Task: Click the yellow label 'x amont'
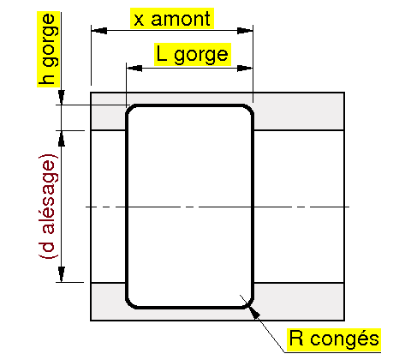[172, 19]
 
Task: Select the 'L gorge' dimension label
[193, 54]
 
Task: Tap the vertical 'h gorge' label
[48, 49]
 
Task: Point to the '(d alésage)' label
[48, 206]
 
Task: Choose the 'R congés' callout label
[334, 339]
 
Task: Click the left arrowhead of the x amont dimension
[98, 31]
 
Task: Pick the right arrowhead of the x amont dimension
[245, 31]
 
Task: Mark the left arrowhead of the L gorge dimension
[134, 69]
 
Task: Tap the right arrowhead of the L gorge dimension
[245, 69]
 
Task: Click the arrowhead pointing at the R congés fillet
[254, 311]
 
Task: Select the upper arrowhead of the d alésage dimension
[62, 139]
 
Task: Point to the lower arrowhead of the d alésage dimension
[62, 274]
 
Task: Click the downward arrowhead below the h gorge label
[62, 98]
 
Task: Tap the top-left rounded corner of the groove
[130, 110]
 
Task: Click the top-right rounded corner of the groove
[250, 110]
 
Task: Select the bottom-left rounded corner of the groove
[130, 304]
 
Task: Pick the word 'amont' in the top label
[181, 19]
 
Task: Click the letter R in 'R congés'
[296, 338]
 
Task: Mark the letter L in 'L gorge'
[162, 54]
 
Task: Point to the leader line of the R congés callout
[262, 323]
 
